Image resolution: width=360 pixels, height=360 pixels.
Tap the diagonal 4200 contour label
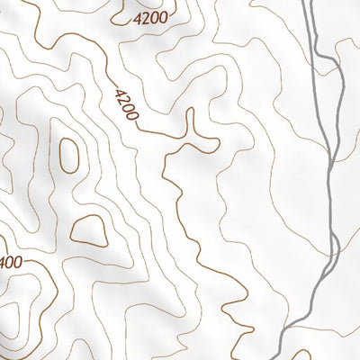click(x=127, y=105)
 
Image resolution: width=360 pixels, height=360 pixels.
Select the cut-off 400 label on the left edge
click(x=10, y=263)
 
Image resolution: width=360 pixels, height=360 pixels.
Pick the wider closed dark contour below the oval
click(x=89, y=230)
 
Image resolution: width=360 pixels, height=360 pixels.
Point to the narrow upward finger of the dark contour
click(x=190, y=121)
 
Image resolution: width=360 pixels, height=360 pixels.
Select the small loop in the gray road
click(x=332, y=247)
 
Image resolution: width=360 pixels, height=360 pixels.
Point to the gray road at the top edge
click(x=306, y=3)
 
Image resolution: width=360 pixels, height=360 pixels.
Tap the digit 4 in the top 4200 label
click(x=136, y=18)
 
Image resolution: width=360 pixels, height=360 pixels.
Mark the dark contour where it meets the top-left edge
click(x=27, y=4)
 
